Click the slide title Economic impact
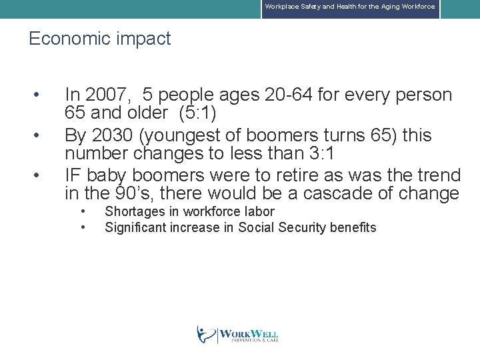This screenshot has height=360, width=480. tap(99, 39)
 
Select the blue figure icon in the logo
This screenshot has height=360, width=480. tap(205, 334)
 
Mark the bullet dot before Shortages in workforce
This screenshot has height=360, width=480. tap(82, 211)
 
